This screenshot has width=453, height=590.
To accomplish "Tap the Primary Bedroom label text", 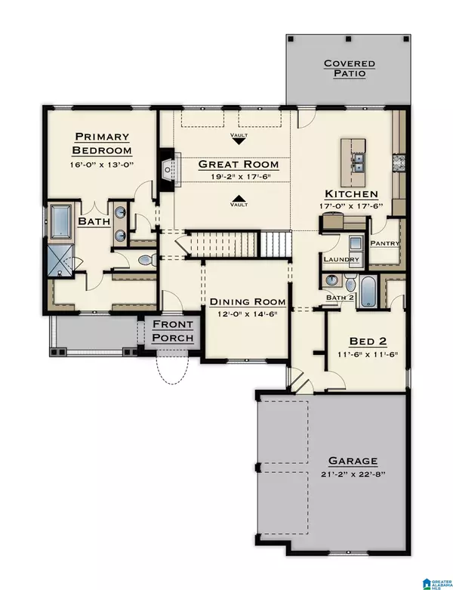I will click(102, 143).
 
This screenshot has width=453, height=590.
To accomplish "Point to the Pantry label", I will click(384, 243).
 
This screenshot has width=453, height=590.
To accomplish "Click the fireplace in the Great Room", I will click(168, 165).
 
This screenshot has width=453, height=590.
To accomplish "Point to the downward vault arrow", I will click(239, 141).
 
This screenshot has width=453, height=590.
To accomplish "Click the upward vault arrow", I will click(239, 201).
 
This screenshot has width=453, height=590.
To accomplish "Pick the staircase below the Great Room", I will click(239, 244).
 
